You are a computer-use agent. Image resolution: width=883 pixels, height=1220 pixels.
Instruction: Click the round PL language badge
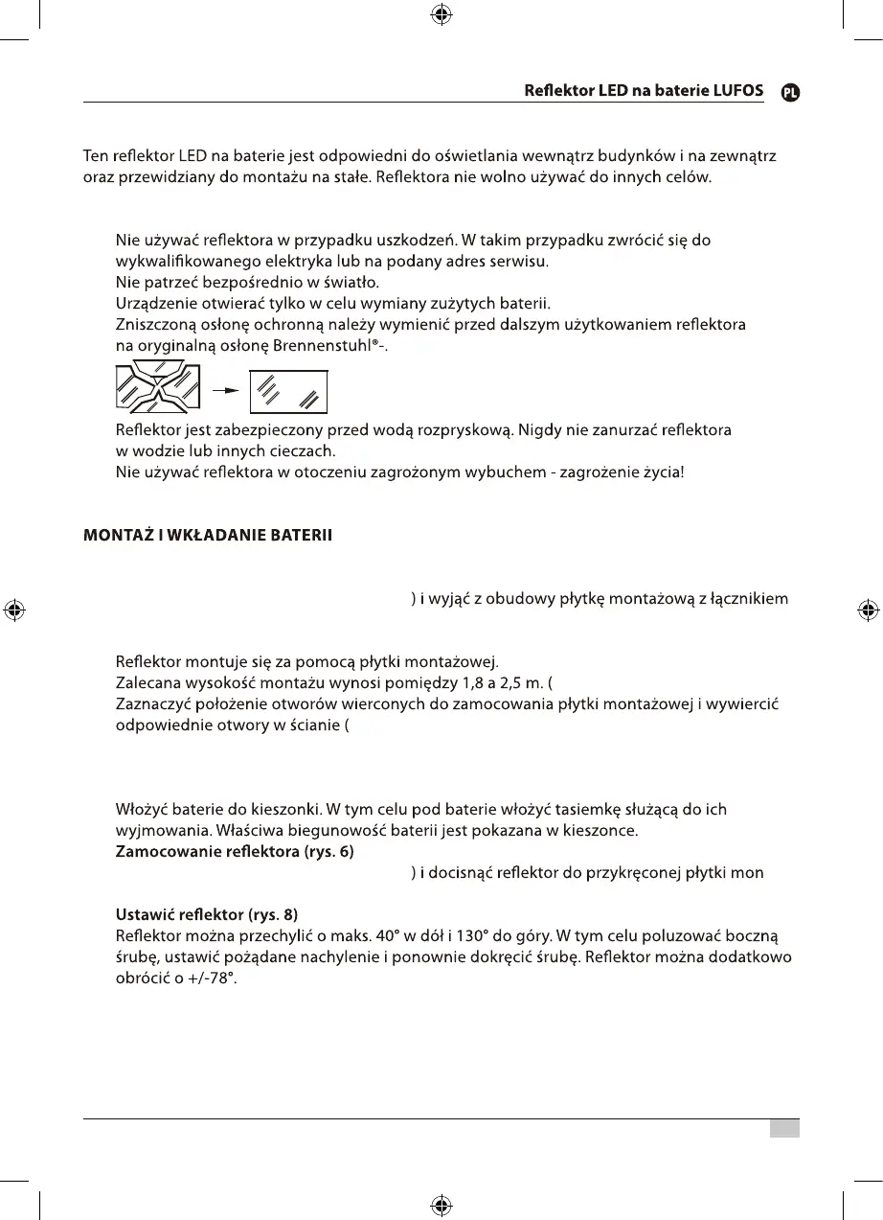point(790,92)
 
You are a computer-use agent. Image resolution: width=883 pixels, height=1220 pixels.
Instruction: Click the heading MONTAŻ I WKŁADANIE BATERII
point(208,536)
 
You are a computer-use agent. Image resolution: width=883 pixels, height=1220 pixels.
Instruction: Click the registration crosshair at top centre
point(441,14)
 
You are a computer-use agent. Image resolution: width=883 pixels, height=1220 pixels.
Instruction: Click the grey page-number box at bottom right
point(784,1129)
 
